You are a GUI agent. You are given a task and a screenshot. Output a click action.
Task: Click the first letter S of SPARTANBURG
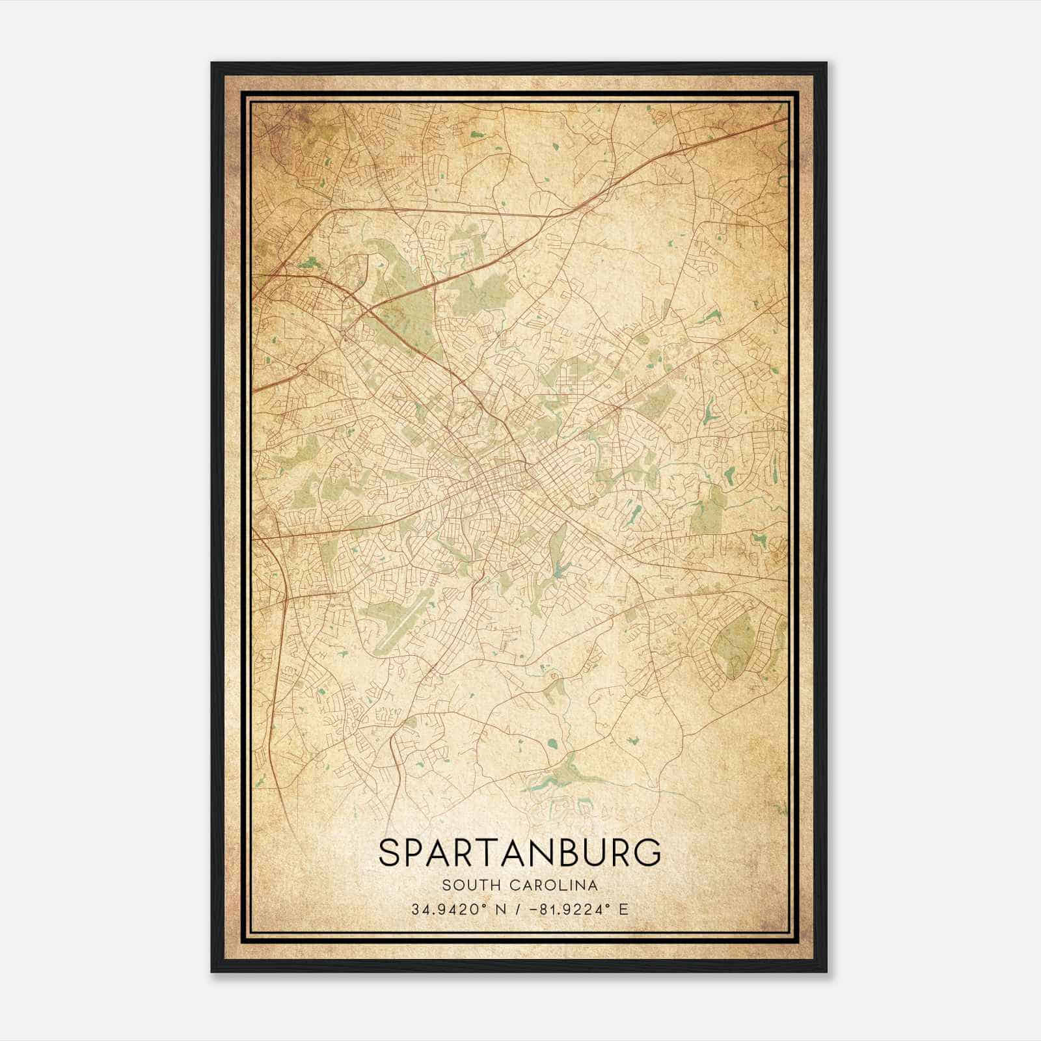(390, 853)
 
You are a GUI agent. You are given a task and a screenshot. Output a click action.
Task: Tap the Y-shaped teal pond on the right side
(709, 411)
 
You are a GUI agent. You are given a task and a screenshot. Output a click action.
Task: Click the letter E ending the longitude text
(623, 909)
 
